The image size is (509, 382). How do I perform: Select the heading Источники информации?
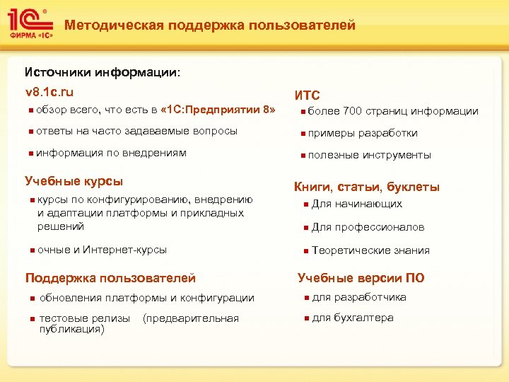(102, 72)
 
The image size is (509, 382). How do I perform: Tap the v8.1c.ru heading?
(49, 92)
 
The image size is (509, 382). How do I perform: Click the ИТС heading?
(307, 95)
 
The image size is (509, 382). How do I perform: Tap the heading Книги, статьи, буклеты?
(366, 187)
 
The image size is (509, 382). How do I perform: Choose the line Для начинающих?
(357, 204)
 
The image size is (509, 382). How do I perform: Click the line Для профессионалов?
(368, 227)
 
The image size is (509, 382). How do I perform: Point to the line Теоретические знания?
(370, 250)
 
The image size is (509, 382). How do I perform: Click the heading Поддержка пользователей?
(110, 279)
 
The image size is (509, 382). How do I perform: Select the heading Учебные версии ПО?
(361, 278)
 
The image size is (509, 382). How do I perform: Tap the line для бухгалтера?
(352, 318)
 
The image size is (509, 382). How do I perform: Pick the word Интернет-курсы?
(125, 250)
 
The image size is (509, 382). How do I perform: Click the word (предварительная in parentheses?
(191, 318)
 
